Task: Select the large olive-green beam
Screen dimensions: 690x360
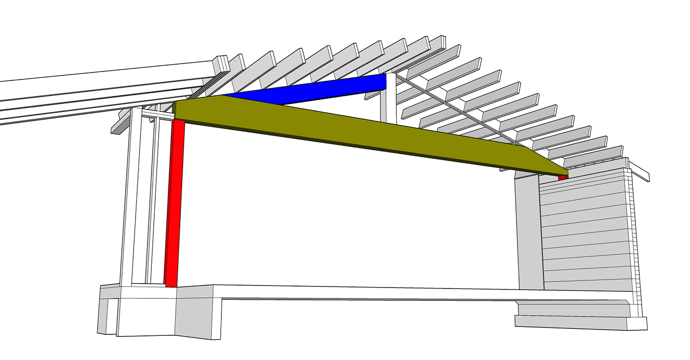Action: [x=345, y=128]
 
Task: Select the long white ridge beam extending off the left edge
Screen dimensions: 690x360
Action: [x=99, y=94]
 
